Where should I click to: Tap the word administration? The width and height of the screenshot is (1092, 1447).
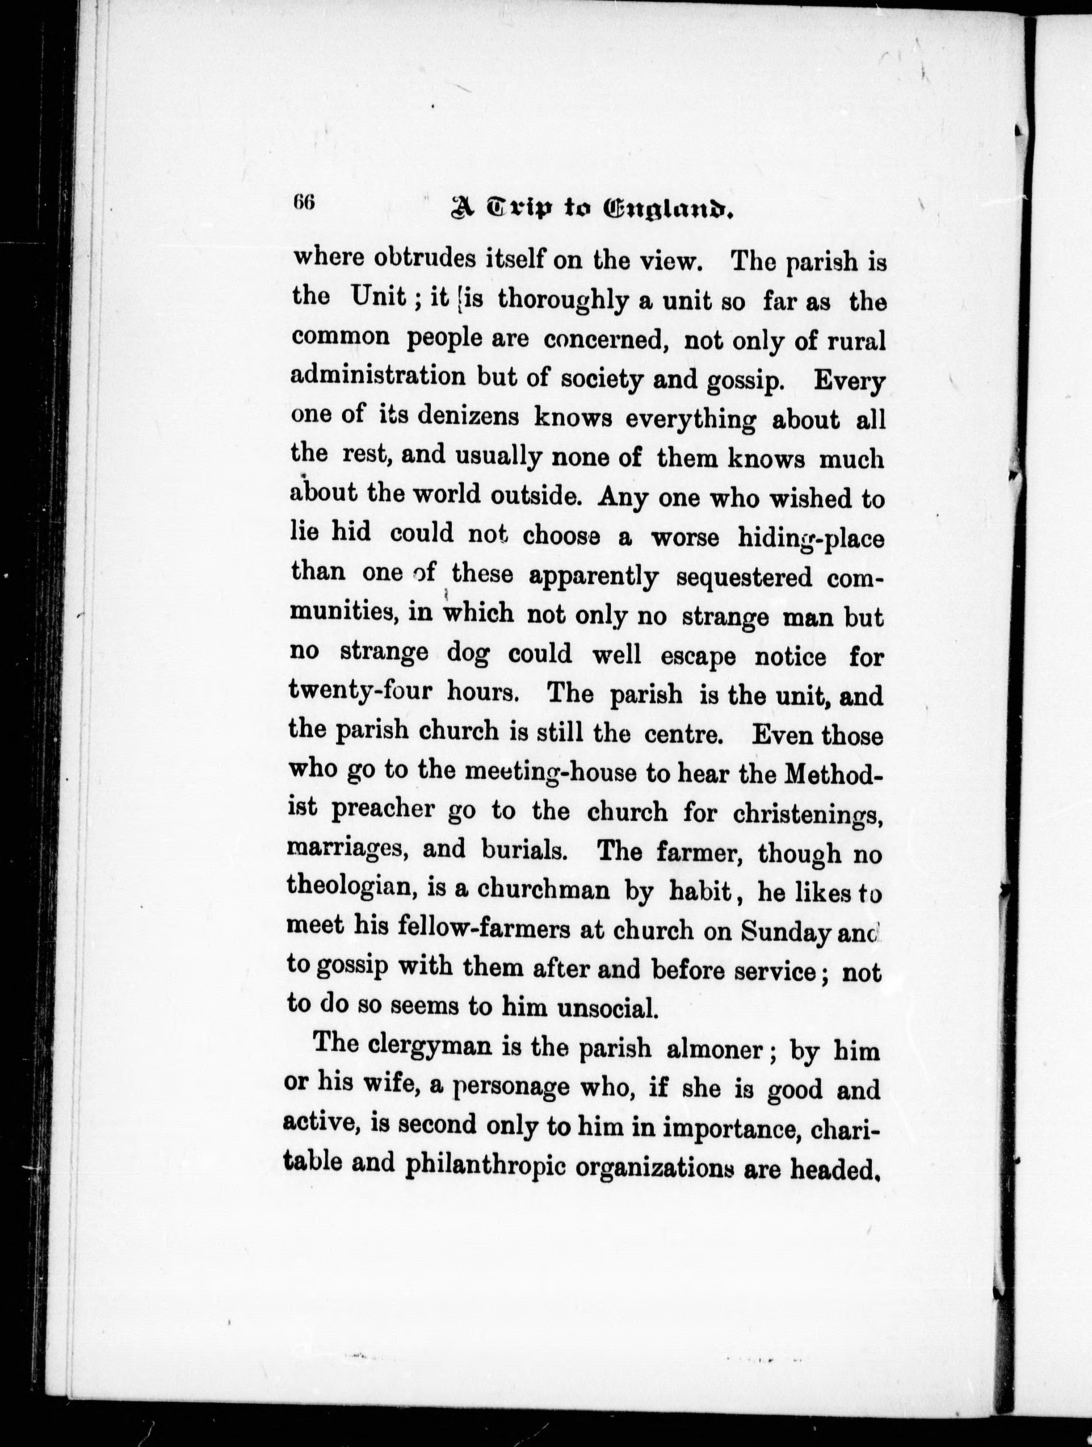click(378, 377)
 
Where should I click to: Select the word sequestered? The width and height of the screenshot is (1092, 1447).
click(744, 577)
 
